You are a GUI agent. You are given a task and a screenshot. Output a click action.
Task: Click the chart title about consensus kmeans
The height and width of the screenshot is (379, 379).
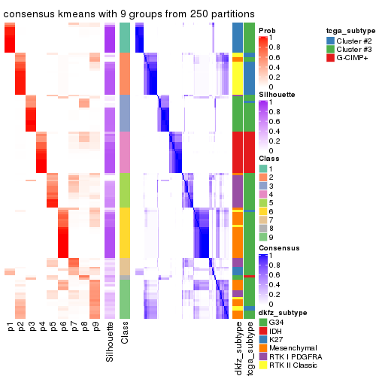point(129,14)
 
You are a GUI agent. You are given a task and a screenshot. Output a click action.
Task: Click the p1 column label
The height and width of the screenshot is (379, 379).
point(10,326)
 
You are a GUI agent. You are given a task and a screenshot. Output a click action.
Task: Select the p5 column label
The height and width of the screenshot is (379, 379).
point(52,326)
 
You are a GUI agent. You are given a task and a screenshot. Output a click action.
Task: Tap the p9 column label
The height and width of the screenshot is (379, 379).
point(94,326)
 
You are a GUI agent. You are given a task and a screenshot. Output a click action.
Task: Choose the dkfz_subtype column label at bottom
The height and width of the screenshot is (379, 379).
point(238,349)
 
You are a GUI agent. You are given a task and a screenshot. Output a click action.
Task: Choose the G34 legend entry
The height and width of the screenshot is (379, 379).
point(275,323)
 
